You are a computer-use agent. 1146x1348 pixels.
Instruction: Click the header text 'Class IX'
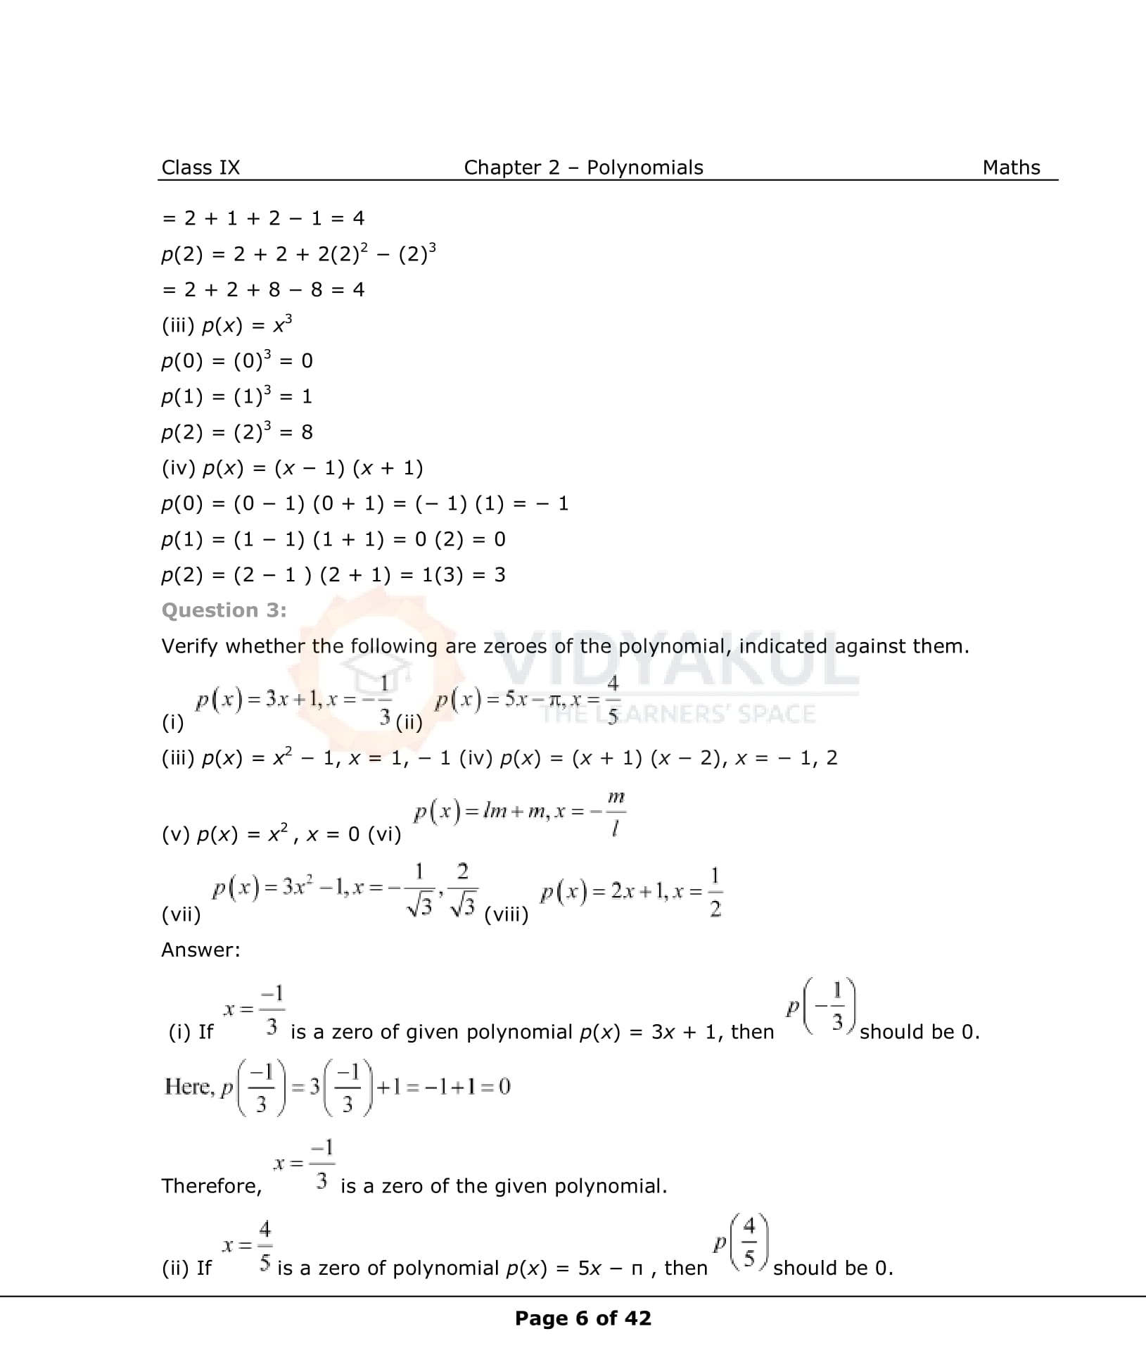click(x=200, y=168)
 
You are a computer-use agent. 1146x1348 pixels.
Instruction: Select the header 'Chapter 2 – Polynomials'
click(x=583, y=168)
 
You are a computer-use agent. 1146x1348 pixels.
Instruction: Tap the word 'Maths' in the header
click(x=1011, y=168)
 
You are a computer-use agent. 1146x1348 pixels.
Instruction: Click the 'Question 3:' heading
click(x=224, y=610)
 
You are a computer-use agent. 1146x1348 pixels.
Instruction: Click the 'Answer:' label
click(x=200, y=950)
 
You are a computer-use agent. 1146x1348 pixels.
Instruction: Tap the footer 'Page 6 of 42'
click(x=583, y=1318)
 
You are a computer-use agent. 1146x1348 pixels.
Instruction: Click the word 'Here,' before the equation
click(x=188, y=1087)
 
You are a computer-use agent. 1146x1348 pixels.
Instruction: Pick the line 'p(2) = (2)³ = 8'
click(x=237, y=432)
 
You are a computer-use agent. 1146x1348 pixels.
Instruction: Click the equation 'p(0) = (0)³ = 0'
click(x=237, y=360)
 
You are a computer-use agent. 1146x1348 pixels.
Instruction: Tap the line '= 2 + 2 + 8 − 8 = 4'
click(x=263, y=289)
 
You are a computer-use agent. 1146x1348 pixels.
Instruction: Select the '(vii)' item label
click(x=181, y=914)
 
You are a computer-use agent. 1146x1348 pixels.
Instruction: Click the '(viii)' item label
click(x=507, y=914)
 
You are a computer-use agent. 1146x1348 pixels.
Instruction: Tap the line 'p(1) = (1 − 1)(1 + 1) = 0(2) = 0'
click(x=333, y=539)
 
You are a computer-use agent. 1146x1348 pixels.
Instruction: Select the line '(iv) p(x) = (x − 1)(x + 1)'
click(x=292, y=468)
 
